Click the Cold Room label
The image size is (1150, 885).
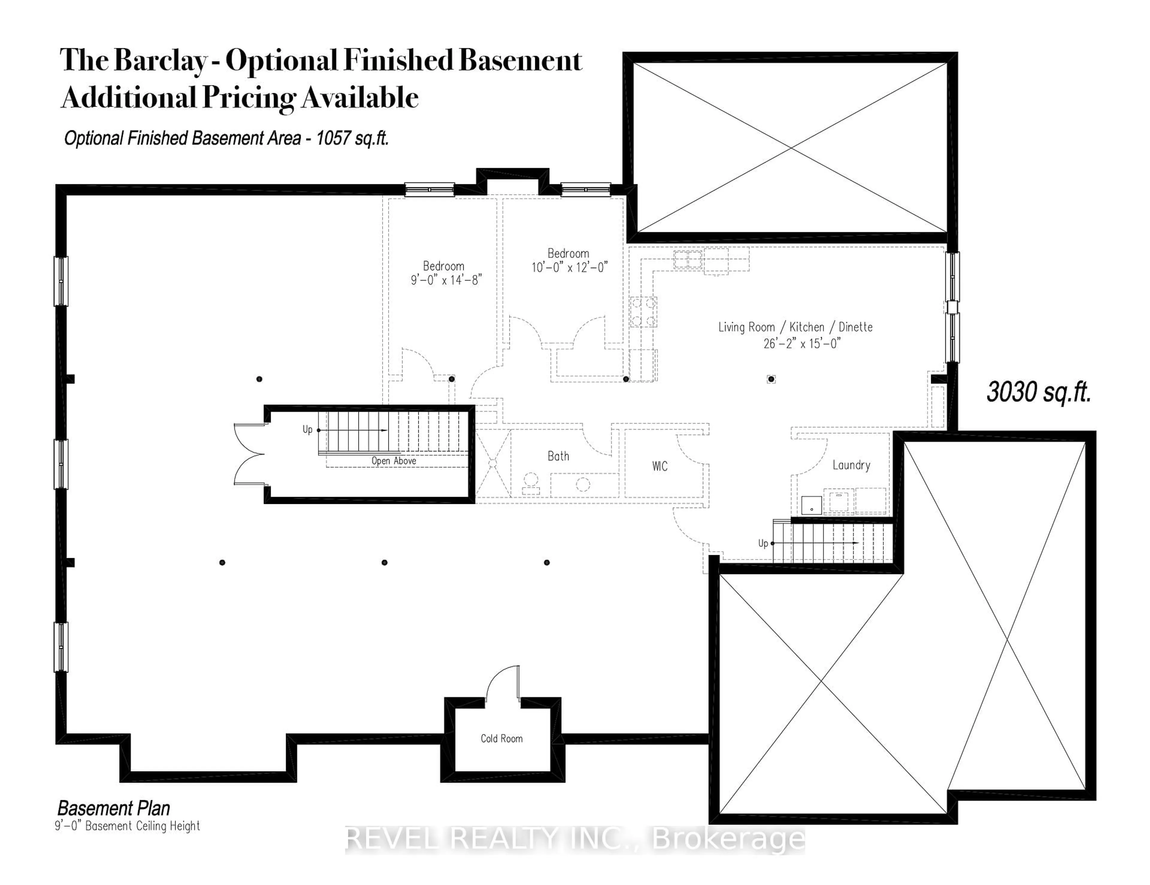click(501, 738)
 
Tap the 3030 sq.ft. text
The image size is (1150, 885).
click(1038, 392)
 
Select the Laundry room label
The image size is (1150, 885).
click(851, 465)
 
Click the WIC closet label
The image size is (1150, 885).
click(660, 466)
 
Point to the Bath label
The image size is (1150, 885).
click(558, 456)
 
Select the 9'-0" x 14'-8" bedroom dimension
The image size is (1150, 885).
click(446, 280)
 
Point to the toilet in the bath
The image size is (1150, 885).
click(531, 483)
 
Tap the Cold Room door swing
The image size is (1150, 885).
click(503, 684)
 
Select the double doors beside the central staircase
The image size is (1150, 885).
click(249, 454)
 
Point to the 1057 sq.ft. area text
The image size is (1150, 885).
click(352, 138)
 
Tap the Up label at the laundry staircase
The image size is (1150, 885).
click(763, 543)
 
